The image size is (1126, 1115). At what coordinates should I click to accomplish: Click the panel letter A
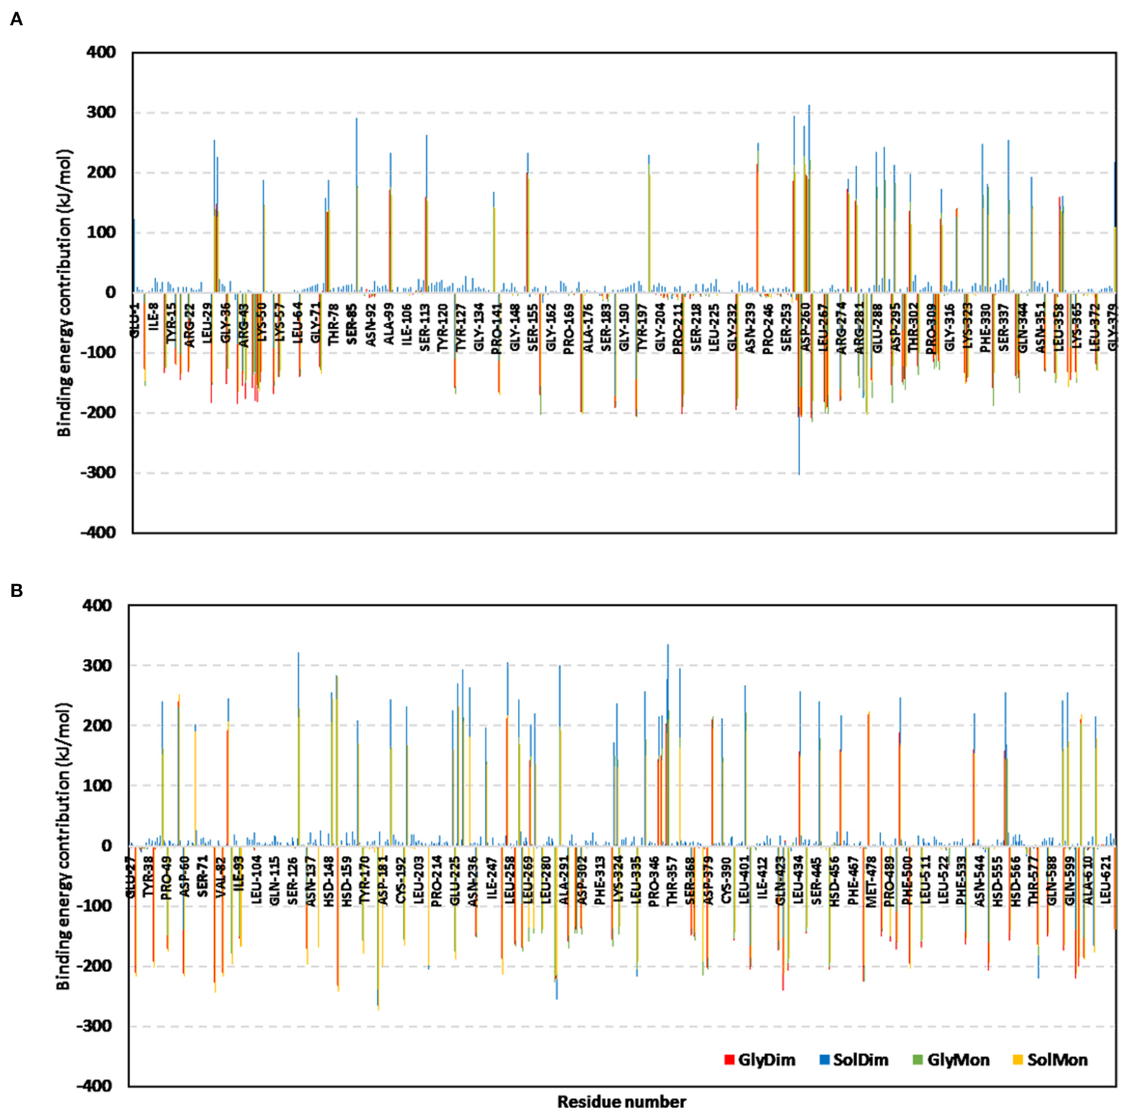[17, 20]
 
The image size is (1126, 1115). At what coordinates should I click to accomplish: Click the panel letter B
[17, 590]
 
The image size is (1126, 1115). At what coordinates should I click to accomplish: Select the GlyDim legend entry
[760, 1060]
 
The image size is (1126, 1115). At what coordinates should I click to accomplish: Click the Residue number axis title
[621, 1102]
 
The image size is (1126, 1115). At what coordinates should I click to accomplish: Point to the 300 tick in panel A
[102, 112]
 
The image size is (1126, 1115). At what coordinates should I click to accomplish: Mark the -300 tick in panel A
[99, 473]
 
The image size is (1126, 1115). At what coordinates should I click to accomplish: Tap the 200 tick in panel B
[97, 726]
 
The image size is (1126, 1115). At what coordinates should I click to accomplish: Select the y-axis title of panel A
[64, 293]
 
